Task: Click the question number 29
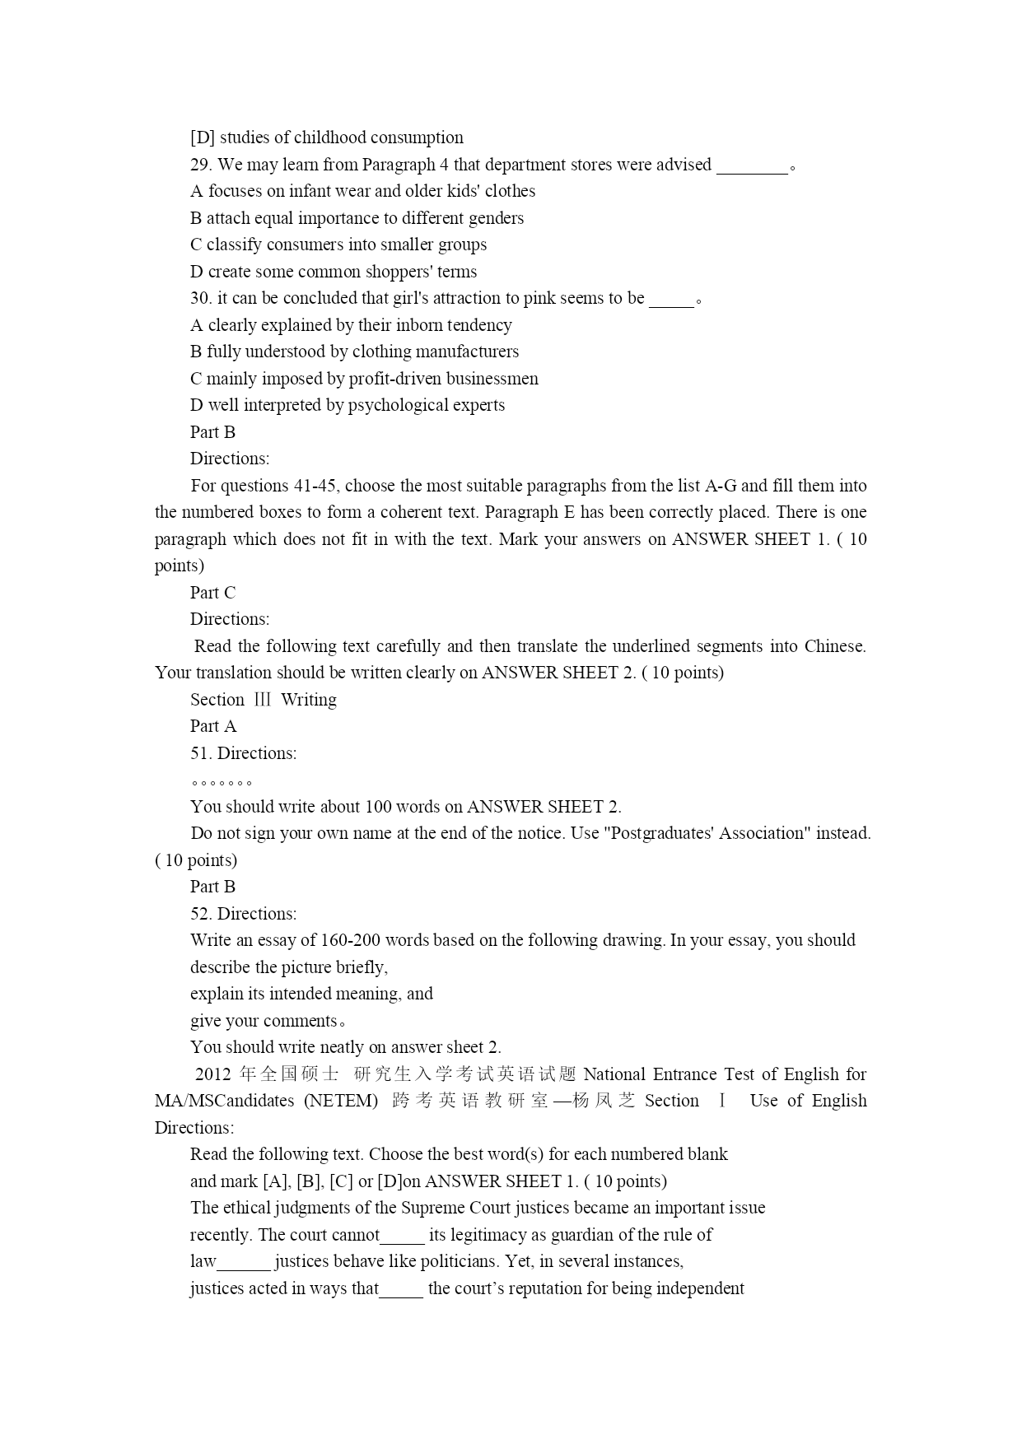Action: coord(200,165)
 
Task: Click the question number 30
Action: coord(200,298)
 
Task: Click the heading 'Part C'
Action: coord(212,593)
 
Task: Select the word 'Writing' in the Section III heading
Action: coord(309,700)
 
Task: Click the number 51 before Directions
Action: coord(200,753)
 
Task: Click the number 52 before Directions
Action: coord(200,914)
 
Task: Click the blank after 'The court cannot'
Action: coord(403,1237)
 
